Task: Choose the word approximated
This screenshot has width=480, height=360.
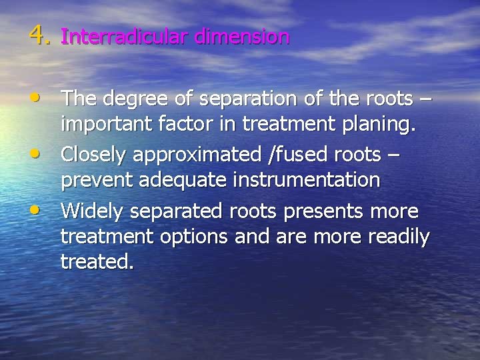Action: click(193, 156)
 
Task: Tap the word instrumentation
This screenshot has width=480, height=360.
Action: click(317, 180)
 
